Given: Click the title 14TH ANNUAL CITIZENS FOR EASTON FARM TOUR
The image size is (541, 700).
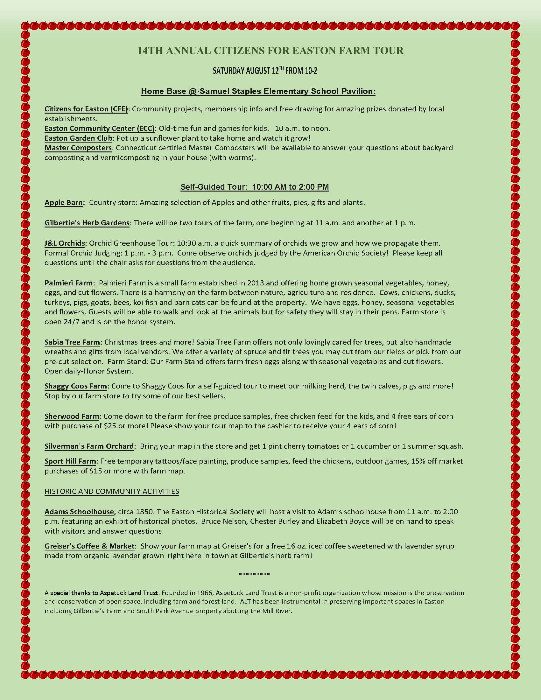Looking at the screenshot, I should tap(270, 51).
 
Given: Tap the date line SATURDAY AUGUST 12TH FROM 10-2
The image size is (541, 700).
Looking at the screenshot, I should tap(265, 71).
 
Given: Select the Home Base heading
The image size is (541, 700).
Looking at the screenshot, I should tap(258, 91).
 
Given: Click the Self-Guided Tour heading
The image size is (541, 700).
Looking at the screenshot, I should tap(255, 187).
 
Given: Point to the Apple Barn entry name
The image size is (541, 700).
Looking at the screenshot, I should tap(63, 203).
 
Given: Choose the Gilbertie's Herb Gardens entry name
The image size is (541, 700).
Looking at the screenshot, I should tap(87, 223).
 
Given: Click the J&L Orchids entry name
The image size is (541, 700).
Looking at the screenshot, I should tap(65, 243).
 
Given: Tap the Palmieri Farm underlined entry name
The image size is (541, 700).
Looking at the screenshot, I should tap(69, 283).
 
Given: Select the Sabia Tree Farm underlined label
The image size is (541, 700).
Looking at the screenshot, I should tap(72, 342).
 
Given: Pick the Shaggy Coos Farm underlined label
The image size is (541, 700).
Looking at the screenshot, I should tap(76, 386).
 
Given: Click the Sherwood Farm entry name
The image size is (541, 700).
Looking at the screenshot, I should tap(72, 416).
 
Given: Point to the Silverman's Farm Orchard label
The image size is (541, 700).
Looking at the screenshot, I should tap(89, 446).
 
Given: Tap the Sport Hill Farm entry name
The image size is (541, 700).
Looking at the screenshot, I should tap(70, 461).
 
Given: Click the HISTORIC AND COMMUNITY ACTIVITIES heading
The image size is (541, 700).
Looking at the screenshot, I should tap(111, 491).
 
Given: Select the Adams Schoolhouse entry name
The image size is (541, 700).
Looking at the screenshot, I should tap(79, 512).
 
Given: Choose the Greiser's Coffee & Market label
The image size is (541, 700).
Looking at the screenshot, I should tap(89, 546).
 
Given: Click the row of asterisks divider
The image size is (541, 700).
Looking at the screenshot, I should tap(255, 574).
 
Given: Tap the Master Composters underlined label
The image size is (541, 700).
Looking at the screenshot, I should tap(78, 148).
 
